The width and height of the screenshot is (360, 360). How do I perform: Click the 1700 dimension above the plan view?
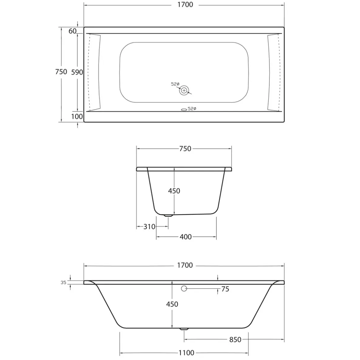pyautogui.click(x=185, y=5)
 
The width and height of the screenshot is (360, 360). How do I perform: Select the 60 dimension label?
pyautogui.click(x=73, y=31)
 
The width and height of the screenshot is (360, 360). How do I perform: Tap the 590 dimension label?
pyautogui.click(x=77, y=72)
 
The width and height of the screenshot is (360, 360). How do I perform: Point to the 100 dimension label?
pyautogui.click(x=77, y=116)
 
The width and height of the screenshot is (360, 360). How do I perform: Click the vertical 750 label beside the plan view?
pyautogui.click(x=61, y=72)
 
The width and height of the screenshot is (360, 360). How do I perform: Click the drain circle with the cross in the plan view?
pyautogui.click(x=184, y=90)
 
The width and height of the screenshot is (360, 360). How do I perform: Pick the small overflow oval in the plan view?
pyautogui.click(x=184, y=110)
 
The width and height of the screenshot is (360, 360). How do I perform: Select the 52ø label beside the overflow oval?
pyautogui.click(x=192, y=109)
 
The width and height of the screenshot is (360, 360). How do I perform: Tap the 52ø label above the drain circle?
pyautogui.click(x=175, y=84)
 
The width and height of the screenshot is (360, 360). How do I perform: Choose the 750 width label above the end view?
pyautogui.click(x=185, y=149)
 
